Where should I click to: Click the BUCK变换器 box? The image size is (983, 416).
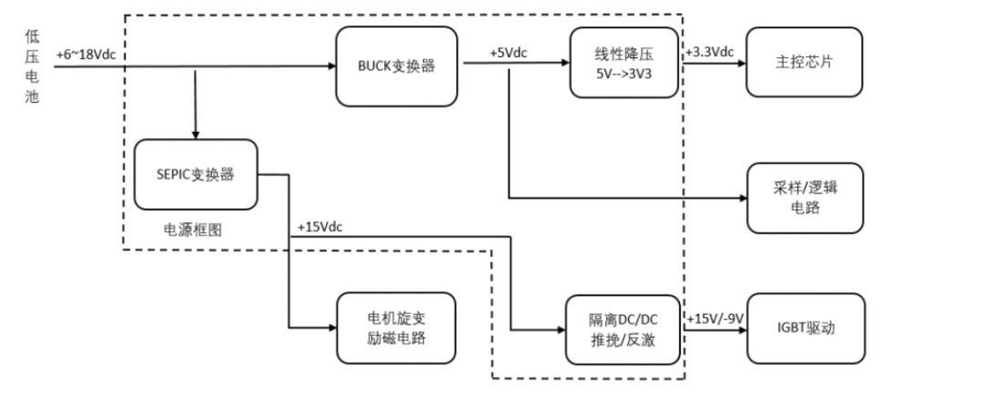pos(395,66)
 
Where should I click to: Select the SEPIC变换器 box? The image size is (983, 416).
pos(195,174)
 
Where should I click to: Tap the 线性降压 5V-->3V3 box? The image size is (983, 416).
pos(625,62)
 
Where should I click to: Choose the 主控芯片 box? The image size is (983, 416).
pos(803,62)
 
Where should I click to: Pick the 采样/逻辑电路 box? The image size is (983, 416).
pos(803,197)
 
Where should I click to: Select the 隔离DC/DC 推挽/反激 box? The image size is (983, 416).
pos(623,328)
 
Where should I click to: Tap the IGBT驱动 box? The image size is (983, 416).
pos(803,328)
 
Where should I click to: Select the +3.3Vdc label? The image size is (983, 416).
pos(709,52)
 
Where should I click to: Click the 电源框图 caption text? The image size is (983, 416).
pos(193,230)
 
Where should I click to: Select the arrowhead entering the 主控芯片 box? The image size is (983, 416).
pos(742,66)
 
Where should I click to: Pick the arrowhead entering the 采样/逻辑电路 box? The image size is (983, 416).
pos(742,198)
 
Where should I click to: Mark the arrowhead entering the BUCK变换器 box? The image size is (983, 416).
pos(330,66)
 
